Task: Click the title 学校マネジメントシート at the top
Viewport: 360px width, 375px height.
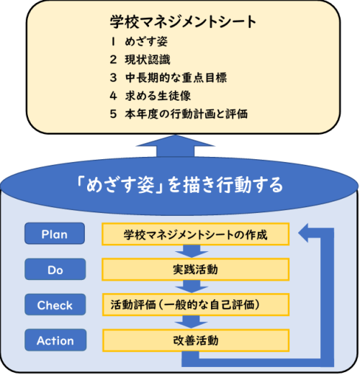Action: (183, 22)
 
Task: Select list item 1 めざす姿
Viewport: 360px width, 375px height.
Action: (139, 42)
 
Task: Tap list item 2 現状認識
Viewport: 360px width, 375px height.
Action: (140, 60)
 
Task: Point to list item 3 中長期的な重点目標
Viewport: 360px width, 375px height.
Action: (168, 78)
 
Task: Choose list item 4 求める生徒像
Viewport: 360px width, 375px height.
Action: (150, 96)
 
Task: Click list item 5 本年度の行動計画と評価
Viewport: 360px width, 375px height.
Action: (179, 114)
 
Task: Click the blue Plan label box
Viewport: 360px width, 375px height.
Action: (55, 233)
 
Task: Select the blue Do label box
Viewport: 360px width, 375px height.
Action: (55, 269)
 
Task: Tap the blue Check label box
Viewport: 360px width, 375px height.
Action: (55, 304)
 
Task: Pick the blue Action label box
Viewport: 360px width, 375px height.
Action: (55, 340)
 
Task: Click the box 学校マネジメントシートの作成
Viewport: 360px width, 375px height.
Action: (195, 234)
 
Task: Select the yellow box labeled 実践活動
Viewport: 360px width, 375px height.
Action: (195, 269)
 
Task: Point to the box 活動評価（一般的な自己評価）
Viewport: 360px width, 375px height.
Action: (196, 304)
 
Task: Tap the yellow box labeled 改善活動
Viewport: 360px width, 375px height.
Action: (196, 340)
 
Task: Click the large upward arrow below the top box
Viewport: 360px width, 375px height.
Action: (175, 147)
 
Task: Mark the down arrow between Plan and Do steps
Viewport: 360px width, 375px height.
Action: (192, 251)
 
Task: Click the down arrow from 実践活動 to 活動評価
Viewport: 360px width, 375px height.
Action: (192, 286)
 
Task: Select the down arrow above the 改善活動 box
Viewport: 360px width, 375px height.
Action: (192, 322)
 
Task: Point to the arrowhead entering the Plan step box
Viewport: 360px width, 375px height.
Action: (303, 232)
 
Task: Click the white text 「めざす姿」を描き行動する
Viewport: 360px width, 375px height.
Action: (179, 185)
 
